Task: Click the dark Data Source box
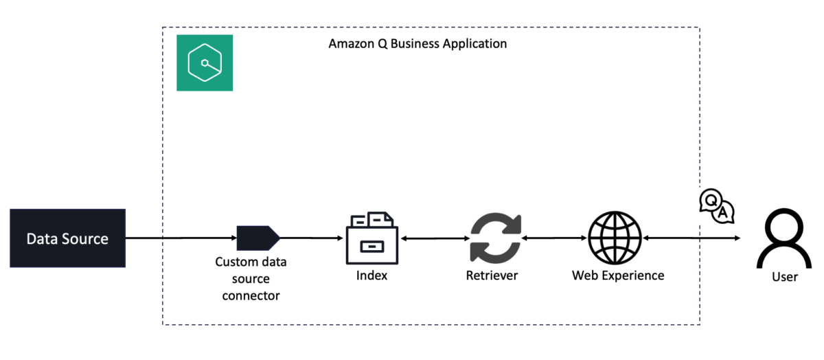[68, 238]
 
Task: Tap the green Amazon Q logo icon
[205, 63]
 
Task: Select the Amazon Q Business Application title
[417, 44]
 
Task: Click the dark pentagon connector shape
[258, 238]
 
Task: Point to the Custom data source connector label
[251, 279]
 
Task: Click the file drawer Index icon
[372, 238]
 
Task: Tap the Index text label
[371, 275]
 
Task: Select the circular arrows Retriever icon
[496, 238]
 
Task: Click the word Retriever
[492, 275]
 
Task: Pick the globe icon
[615, 238]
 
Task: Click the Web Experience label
[618, 275]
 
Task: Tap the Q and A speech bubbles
[717, 206]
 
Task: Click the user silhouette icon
[784, 238]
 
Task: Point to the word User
[785, 277]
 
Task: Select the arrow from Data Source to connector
[181, 238]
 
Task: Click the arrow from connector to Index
[311, 238]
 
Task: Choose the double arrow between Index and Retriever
[435, 238]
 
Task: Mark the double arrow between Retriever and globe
[554, 238]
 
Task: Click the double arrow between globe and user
[691, 238]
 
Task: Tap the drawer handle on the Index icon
[372, 247]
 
